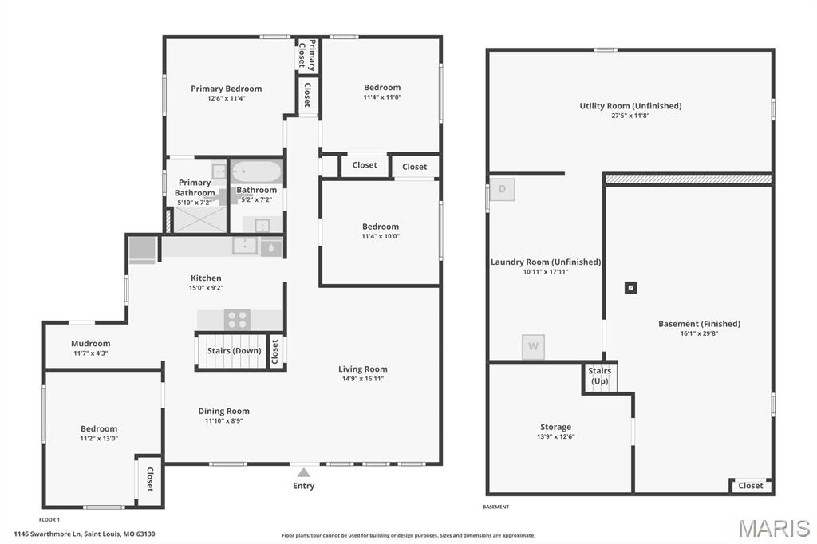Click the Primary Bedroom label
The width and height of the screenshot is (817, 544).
pyautogui.click(x=226, y=89)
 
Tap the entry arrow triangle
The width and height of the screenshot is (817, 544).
pyautogui.click(x=304, y=473)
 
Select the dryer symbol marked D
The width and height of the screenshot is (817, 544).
pyautogui.click(x=503, y=189)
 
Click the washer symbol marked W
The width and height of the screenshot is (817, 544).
pyautogui.click(x=533, y=346)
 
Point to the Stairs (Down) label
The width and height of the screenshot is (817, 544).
pyautogui.click(x=234, y=351)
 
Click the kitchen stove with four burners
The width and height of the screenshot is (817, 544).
pyautogui.click(x=237, y=319)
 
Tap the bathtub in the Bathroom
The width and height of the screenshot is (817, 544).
pyautogui.click(x=256, y=171)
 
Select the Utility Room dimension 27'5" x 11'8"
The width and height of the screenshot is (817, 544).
pyautogui.click(x=630, y=116)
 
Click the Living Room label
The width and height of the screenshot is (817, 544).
pyautogui.click(x=363, y=369)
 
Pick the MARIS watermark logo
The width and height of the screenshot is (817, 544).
pyautogui.click(x=774, y=528)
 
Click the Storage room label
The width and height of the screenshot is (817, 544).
pyautogui.click(x=555, y=427)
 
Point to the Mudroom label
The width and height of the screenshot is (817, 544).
pyautogui.click(x=91, y=343)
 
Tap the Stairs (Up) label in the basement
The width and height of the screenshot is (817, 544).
pyautogui.click(x=600, y=376)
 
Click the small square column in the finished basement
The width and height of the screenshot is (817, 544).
pyautogui.click(x=630, y=288)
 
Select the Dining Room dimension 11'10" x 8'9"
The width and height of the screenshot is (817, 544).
pyautogui.click(x=223, y=421)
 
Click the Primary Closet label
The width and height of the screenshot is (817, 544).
pyautogui.click(x=307, y=55)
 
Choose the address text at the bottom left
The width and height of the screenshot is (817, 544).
pyautogui.click(x=85, y=534)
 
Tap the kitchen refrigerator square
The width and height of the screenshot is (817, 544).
pyautogui.click(x=142, y=250)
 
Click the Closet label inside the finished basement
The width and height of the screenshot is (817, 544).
pyautogui.click(x=750, y=486)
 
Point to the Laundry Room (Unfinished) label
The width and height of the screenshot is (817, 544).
pyautogui.click(x=546, y=262)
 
